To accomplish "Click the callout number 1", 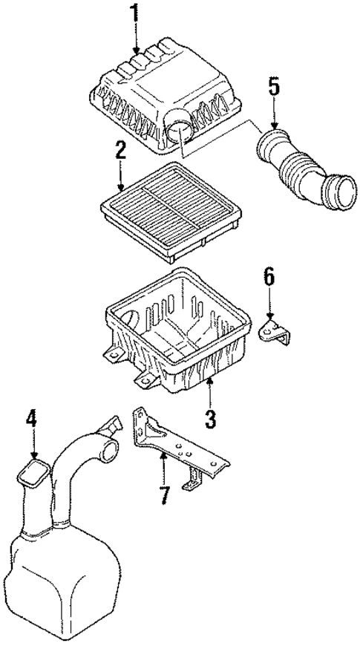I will (135, 13).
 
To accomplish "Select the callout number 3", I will (210, 418).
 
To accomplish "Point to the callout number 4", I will (32, 419).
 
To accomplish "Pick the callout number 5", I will (274, 88).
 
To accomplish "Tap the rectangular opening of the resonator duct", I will (34, 473).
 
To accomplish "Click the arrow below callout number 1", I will (136, 41).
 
